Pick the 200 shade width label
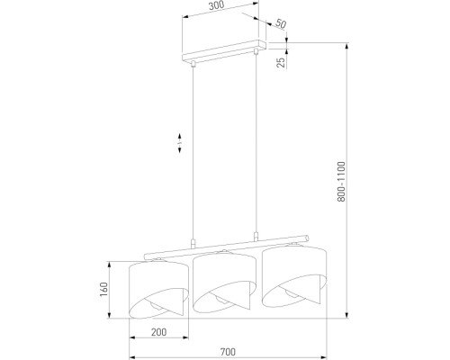(159, 332)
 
